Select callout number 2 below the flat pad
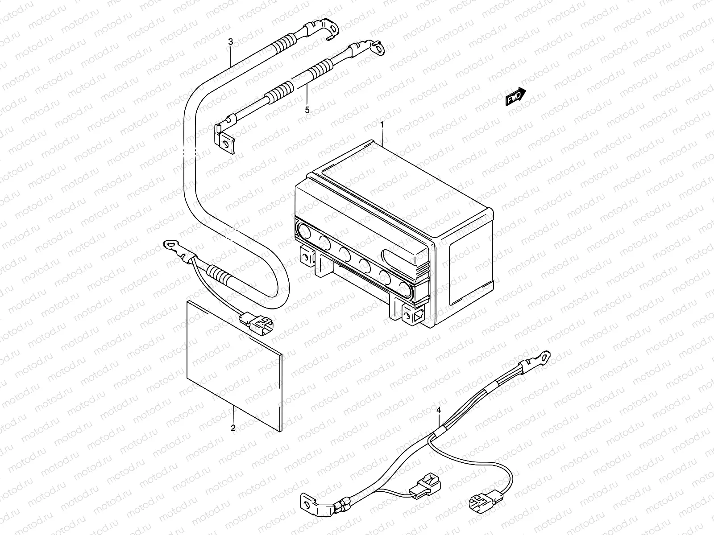click(233, 428)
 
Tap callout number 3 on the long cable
click(230, 42)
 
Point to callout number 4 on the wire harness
click(439, 409)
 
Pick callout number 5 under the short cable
click(307, 110)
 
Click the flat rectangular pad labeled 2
click(234, 363)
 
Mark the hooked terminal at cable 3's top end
click(332, 29)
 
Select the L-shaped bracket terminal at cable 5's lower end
click(225, 142)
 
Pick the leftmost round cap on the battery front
click(304, 231)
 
